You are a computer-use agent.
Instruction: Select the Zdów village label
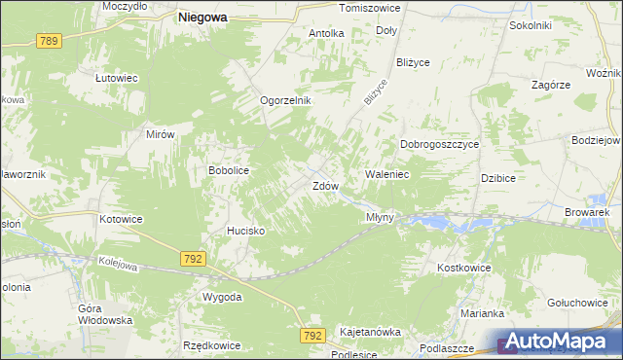(325, 185)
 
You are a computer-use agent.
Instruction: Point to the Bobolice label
(230, 170)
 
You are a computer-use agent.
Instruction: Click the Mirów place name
(160, 135)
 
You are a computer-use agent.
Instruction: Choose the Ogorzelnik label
(284, 100)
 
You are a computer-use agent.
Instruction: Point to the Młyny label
(380, 217)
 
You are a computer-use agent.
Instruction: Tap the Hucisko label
(245, 231)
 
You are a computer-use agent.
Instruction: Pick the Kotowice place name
(121, 219)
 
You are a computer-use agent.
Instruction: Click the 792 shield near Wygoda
(192, 258)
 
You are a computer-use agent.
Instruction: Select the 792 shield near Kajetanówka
(311, 335)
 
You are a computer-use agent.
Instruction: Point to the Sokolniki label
(531, 25)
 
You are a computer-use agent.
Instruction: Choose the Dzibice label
(497, 178)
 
